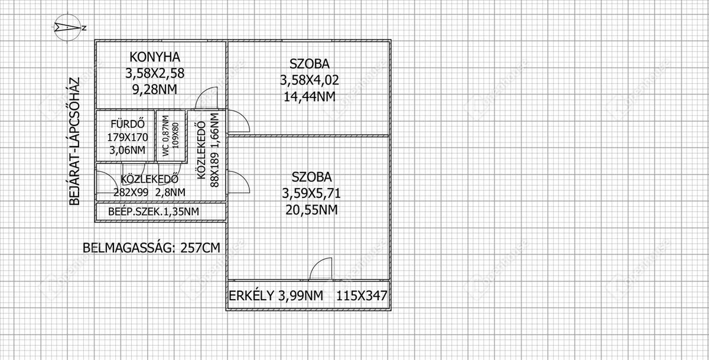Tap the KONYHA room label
pos(154,57)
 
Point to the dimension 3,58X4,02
pos(310,79)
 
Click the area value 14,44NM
pos(310,96)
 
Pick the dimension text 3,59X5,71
pos(311,193)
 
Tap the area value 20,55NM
pos(311,209)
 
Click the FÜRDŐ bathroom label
pos(128,124)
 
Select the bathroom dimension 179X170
pos(128,137)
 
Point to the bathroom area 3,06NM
pos(128,150)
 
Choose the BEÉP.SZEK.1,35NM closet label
pos(154,212)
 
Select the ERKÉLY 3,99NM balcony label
pos(276,296)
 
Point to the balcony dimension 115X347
pos(362,296)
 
